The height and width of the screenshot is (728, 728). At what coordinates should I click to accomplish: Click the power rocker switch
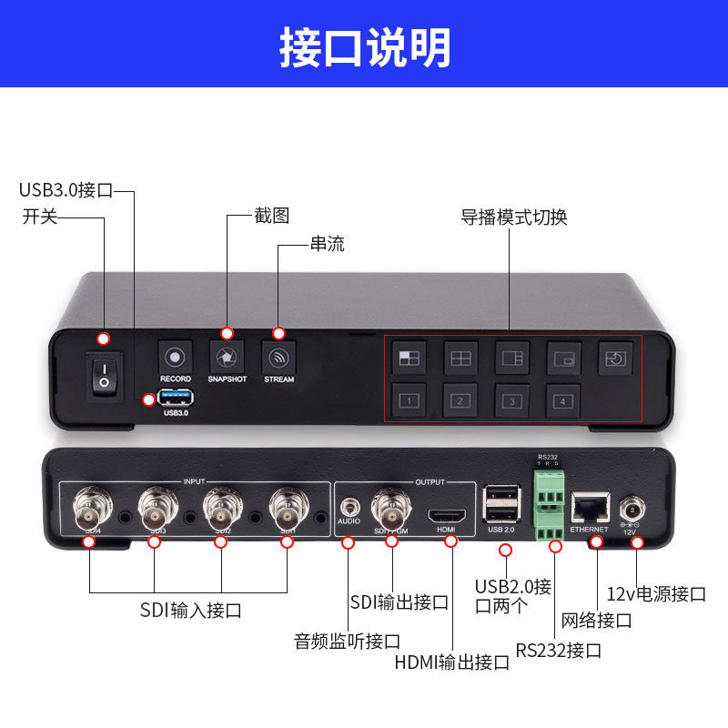(104, 376)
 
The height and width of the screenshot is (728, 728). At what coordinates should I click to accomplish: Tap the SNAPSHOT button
(227, 357)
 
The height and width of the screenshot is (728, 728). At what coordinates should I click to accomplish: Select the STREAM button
(278, 357)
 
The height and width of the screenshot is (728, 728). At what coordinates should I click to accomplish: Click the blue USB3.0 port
(175, 398)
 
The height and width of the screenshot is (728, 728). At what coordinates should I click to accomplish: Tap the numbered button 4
(564, 399)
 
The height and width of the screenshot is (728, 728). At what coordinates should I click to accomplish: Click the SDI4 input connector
(92, 506)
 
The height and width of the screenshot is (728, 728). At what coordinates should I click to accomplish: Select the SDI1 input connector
(288, 506)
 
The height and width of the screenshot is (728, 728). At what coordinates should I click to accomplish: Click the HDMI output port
(447, 512)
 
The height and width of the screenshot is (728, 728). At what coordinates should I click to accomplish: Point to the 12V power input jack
(630, 507)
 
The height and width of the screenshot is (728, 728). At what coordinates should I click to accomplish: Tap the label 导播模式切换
(513, 218)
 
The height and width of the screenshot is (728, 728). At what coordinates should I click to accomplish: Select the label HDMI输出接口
(452, 662)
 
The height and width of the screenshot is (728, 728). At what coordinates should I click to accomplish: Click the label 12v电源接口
(656, 594)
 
